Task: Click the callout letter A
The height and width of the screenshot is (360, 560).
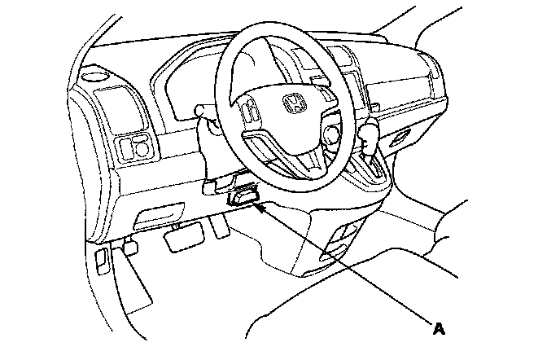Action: [x=439, y=329]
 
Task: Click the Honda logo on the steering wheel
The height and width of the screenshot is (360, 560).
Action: [x=291, y=103]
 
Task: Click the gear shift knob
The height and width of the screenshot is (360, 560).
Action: [x=369, y=133]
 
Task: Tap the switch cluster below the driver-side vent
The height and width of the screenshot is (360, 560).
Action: [x=135, y=147]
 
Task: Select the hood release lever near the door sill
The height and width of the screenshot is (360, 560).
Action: [x=101, y=259]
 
